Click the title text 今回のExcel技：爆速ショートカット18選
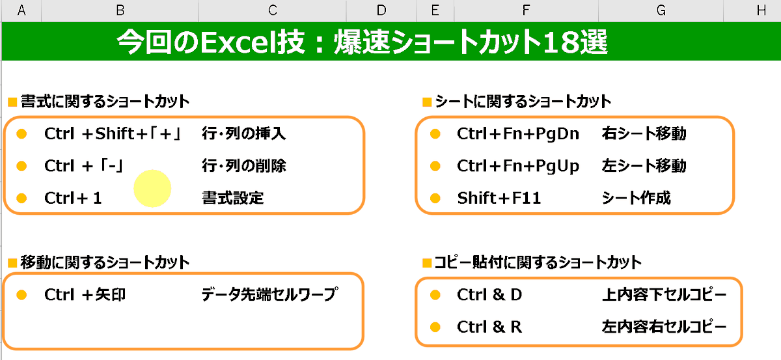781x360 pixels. [x=362, y=43]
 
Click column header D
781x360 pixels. [x=381, y=10]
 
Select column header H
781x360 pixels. [x=761, y=10]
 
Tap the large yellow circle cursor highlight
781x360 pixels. [x=152, y=188]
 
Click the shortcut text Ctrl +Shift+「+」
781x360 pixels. [x=115, y=134]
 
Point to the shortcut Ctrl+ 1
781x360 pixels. [x=74, y=198]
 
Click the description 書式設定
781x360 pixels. [x=233, y=198]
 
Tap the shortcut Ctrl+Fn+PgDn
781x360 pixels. [x=518, y=134]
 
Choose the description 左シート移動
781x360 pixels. [x=644, y=166]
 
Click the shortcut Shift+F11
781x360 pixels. [x=499, y=198]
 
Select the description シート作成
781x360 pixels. [x=637, y=198]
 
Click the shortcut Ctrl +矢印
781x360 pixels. [x=85, y=295]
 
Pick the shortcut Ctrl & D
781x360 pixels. [x=489, y=295]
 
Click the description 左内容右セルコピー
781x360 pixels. [x=665, y=327]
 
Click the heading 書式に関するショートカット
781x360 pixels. [x=105, y=102]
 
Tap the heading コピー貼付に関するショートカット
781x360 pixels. [x=538, y=263]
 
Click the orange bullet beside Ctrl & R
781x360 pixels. [x=435, y=327]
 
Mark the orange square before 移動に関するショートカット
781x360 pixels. [x=12, y=264]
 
